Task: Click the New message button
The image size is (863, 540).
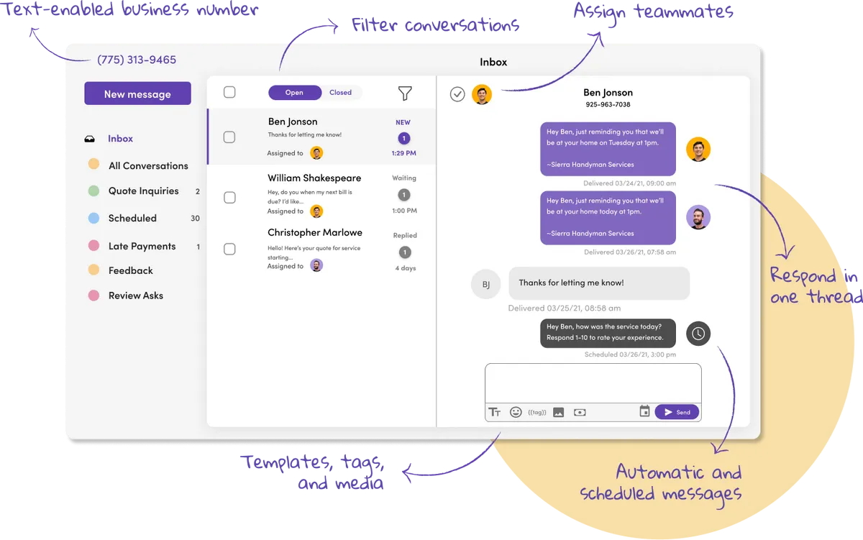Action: pos(137,93)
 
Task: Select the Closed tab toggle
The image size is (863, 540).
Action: pos(340,93)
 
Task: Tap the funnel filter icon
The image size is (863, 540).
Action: pos(405,93)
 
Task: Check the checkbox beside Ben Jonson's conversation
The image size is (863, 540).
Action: pos(229,137)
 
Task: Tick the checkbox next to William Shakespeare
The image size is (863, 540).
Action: pos(229,197)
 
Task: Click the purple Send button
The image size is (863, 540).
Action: pos(677,412)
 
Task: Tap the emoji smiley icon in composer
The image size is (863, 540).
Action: pos(516,412)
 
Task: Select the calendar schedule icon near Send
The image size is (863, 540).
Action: pos(644,411)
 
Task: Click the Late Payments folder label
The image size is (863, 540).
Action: pos(142,246)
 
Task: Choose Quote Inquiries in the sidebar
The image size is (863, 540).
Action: pos(143,191)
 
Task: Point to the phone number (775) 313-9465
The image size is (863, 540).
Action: pos(137,60)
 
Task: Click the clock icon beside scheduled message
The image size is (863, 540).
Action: pos(698,333)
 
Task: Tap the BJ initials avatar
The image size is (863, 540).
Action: pos(485,284)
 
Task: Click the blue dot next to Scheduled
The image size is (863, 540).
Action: pos(93,218)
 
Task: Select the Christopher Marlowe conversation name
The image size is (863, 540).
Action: pos(315,232)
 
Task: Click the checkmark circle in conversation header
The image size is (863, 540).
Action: pos(457,94)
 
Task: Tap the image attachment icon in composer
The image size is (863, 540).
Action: pos(558,413)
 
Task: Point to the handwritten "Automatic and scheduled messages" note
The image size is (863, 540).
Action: pos(660,482)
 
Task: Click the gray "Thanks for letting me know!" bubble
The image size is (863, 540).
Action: pos(598,283)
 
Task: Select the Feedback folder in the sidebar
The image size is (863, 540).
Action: pos(130,270)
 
